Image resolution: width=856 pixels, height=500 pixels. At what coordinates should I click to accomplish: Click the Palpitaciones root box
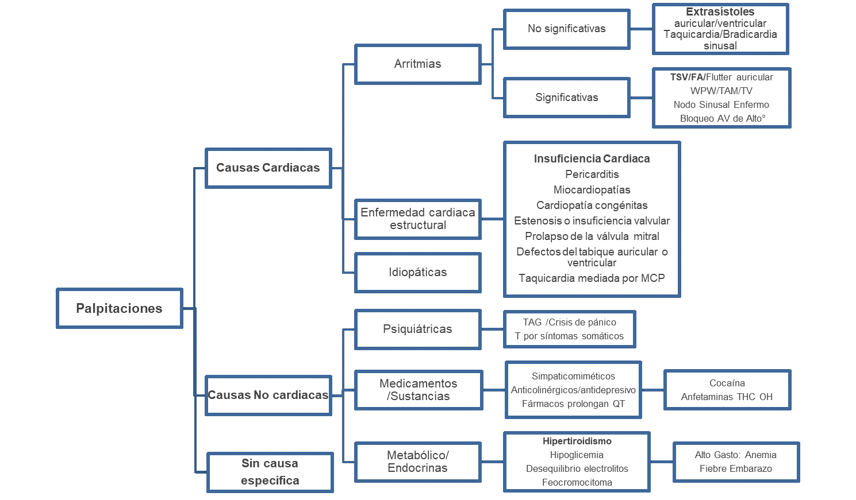(120, 308)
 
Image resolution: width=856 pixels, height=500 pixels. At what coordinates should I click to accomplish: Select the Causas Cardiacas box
(268, 168)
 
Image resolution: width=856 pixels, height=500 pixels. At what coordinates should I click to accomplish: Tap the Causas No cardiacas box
(268, 395)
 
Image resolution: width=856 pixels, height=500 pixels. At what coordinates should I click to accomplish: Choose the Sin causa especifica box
(270, 472)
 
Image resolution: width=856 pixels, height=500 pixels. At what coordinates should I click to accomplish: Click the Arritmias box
(417, 64)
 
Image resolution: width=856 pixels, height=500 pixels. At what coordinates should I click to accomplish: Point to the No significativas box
(566, 29)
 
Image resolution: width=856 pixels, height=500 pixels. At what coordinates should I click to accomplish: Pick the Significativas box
(566, 98)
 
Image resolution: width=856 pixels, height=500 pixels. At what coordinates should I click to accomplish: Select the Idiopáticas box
(417, 272)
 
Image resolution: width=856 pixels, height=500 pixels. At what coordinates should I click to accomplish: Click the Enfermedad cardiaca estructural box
(417, 219)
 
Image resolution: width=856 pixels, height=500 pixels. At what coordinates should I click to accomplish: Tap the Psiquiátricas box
(417, 329)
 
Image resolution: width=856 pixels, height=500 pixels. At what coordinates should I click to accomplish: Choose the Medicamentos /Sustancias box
(418, 390)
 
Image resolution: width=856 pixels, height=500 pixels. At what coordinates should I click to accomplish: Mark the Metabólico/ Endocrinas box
(417, 462)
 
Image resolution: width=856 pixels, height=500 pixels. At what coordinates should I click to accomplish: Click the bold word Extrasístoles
(720, 12)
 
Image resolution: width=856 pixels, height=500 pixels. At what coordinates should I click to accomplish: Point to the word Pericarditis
(592, 175)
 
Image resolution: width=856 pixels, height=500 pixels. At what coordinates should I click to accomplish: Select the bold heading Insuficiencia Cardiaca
(592, 159)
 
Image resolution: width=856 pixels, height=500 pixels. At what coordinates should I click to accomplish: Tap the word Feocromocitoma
(577, 483)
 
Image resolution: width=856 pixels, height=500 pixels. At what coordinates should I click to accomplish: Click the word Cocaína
(727, 383)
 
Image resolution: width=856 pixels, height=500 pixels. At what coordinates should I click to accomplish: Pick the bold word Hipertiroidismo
(577, 441)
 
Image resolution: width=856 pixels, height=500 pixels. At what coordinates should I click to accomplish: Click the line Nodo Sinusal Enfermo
(721, 104)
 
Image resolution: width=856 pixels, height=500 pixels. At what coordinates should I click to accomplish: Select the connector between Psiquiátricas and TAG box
(493, 329)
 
